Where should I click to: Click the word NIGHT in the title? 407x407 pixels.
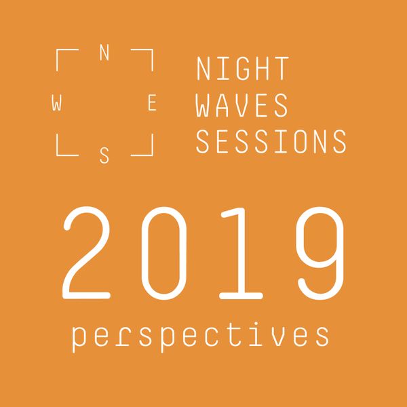tap(243, 69)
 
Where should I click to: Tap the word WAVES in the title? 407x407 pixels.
tap(241, 105)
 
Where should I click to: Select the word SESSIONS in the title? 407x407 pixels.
tap(271, 142)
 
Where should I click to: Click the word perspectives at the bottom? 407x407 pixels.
tap(200, 336)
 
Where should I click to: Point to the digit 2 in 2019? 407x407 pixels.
tap(86, 253)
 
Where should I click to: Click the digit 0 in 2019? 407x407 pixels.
tap(164, 253)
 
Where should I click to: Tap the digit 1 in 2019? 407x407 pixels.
tap(241, 253)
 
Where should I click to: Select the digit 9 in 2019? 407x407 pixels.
tap(321, 253)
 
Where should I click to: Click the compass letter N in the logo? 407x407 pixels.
tap(104, 53)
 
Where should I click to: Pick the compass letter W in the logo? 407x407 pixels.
tap(56, 102)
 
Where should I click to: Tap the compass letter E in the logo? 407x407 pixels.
tap(152, 102)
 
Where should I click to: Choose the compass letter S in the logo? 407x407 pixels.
tap(104, 156)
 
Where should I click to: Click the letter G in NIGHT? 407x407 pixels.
tap(243, 69)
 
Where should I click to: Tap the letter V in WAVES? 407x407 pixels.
tap(241, 105)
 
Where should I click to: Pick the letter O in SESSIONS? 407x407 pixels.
tap(301, 142)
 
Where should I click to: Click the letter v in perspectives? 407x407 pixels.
tap(279, 336)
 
